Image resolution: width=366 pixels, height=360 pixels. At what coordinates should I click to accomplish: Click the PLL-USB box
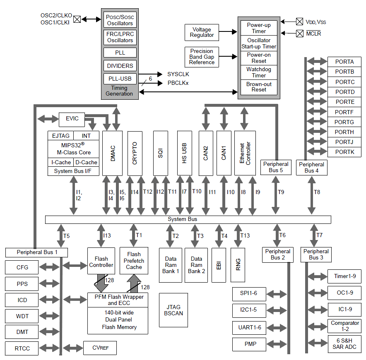[120, 79]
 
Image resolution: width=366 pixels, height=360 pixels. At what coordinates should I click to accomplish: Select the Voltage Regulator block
[202, 32]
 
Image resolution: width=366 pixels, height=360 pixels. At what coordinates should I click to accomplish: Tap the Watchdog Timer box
[259, 72]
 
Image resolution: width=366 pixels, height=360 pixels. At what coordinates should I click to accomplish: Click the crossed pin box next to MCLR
[299, 34]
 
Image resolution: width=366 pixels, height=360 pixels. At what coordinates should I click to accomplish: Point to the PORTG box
[344, 122]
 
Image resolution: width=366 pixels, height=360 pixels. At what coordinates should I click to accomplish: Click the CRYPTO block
[135, 153]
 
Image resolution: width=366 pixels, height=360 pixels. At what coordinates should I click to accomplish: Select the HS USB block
[185, 153]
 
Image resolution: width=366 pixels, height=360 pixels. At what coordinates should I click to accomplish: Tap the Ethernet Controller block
[245, 153]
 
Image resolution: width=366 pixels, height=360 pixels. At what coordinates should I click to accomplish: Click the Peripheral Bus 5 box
[276, 167]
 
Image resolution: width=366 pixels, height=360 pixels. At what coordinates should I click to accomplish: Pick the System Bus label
[182, 219]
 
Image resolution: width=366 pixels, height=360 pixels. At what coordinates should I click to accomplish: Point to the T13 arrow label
[245, 235]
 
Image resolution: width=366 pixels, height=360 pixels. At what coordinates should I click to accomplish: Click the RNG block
[238, 265]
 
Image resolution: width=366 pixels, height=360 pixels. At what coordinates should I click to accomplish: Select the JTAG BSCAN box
[173, 310]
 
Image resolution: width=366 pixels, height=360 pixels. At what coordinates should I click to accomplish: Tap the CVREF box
[100, 348]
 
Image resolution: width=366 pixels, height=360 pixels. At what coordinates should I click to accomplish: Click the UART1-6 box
[249, 328]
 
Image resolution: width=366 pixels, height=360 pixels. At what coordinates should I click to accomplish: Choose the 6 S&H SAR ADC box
[344, 344]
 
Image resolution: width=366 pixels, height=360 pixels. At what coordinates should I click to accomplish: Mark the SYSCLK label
[178, 74]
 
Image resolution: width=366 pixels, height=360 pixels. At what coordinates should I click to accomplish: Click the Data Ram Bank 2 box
[196, 265]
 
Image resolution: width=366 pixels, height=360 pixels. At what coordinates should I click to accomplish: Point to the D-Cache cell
[87, 162]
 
